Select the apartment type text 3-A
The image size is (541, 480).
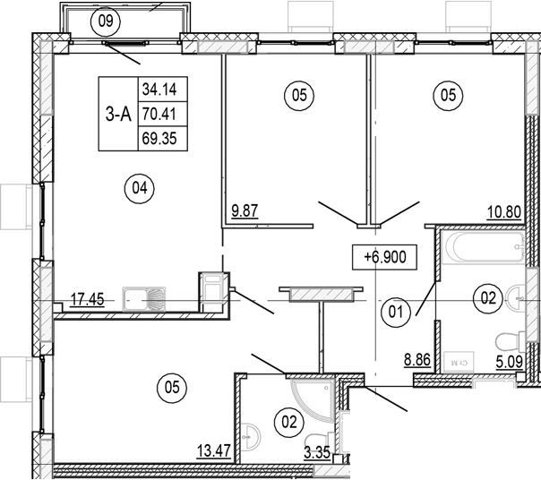click(116, 113)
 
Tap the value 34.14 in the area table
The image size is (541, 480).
click(159, 88)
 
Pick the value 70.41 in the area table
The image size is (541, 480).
click(159, 114)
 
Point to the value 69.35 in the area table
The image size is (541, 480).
click(159, 139)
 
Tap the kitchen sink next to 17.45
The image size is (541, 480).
click(143, 298)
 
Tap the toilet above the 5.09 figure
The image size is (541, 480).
click(510, 339)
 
